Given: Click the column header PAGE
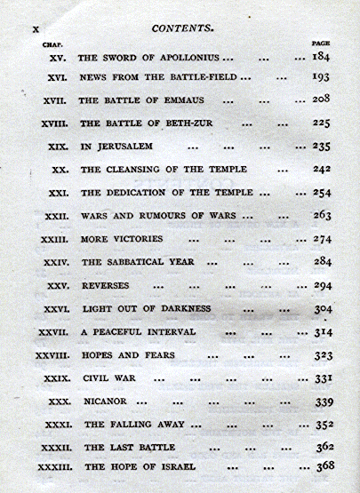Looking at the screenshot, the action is click(x=322, y=43).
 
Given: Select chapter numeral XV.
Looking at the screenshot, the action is click(x=58, y=57).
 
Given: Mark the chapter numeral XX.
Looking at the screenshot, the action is click(x=60, y=169).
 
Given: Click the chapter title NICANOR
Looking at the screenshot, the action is click(x=104, y=401).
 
